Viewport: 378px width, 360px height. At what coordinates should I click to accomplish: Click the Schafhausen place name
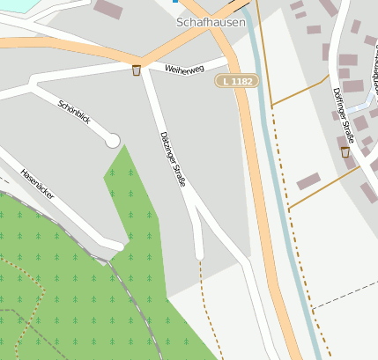211,22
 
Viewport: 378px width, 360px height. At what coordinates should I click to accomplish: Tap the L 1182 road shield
238,81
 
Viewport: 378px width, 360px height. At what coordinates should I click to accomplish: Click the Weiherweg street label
183,69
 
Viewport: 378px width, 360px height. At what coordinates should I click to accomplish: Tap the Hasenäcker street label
38,181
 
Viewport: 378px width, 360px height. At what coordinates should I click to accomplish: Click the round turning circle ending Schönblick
112,140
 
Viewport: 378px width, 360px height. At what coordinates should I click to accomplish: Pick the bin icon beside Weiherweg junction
136,70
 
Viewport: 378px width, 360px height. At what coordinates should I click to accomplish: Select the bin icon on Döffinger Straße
345,152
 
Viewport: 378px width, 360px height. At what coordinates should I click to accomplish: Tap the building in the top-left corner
107,10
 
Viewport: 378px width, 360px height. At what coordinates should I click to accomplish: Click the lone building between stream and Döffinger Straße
308,181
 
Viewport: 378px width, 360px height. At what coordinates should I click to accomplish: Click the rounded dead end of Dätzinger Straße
199,255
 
